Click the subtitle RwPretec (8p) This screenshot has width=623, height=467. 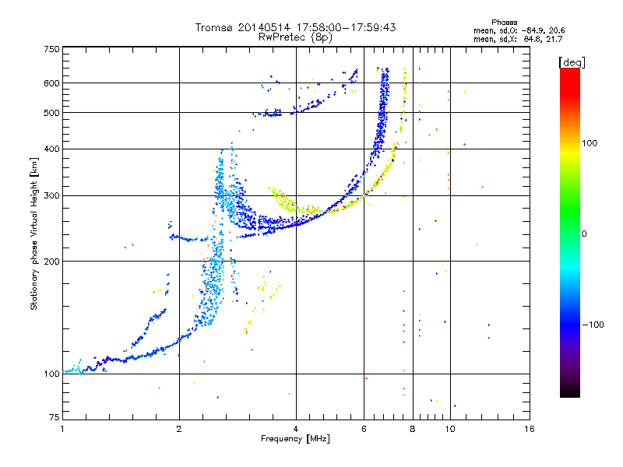[295, 37]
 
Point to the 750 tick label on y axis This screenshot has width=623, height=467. [51, 49]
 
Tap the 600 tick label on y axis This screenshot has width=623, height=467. [51, 83]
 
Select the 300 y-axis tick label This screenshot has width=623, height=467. [51, 196]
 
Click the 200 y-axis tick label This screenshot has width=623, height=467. [51, 262]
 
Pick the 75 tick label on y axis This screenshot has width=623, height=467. [55, 417]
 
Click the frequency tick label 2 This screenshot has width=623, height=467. [179, 429]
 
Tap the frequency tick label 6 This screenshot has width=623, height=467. [364, 429]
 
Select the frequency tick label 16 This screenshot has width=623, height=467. [530, 429]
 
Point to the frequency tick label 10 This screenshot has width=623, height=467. [450, 429]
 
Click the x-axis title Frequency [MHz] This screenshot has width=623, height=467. [295, 439]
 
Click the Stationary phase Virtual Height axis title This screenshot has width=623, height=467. [34, 234]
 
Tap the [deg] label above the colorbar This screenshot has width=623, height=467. [572, 63]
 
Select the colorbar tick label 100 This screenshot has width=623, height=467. [590, 143]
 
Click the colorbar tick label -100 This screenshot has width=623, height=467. [593, 325]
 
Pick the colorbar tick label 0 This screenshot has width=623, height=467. [584, 234]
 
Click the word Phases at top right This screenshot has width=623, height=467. [504, 23]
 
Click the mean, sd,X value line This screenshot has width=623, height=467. [518, 40]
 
